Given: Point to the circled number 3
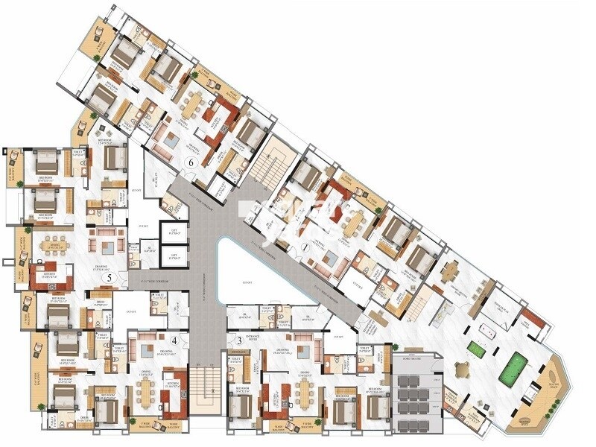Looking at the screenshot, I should [x=238, y=340].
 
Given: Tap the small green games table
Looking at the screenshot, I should [x=475, y=348].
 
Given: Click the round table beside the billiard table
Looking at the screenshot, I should [x=463, y=368].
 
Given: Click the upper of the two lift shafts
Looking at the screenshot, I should [x=173, y=232].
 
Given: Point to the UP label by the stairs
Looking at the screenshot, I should [x=410, y=320].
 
